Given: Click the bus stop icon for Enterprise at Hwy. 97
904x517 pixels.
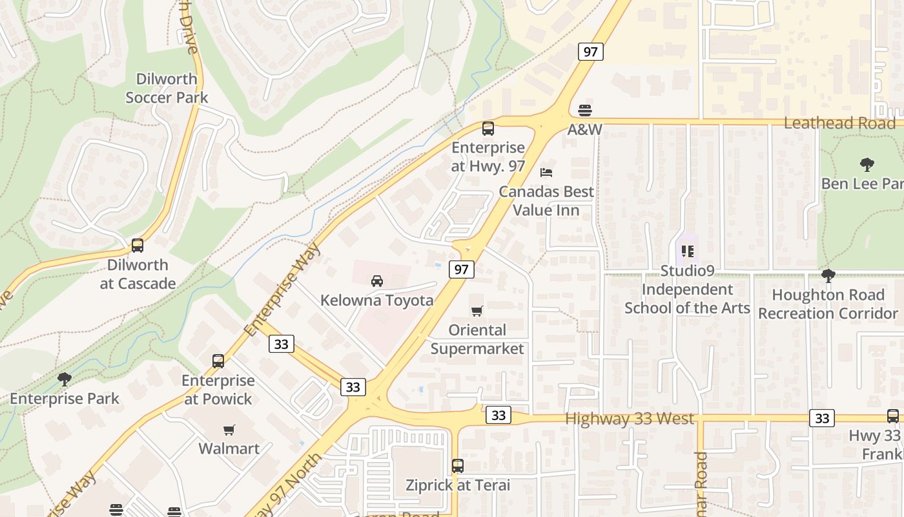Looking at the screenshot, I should [x=488, y=129].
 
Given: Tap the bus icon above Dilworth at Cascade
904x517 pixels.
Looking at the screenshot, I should [x=138, y=246].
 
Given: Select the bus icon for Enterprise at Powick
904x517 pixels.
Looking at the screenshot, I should [x=218, y=361].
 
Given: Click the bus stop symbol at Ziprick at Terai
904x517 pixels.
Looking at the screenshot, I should [x=458, y=465].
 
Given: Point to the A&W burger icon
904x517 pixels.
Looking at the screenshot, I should [x=585, y=111].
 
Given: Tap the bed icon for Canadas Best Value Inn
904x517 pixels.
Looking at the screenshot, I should [x=546, y=173].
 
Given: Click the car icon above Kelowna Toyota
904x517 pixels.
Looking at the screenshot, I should [x=377, y=281].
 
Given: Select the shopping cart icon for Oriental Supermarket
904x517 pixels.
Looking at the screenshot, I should [x=477, y=311].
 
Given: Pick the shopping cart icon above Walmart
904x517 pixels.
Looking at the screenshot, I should [x=229, y=430].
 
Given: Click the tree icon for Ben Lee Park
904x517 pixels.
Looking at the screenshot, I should [x=867, y=165].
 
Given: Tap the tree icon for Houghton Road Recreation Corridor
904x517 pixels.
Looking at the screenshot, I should [x=828, y=277].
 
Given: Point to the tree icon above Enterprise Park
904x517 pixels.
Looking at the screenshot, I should [x=64, y=379].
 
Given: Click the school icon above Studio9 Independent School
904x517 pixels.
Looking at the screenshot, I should [x=687, y=251].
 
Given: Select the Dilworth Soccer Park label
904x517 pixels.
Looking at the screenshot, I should [x=167, y=89].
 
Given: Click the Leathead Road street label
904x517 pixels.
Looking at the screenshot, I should [x=839, y=123].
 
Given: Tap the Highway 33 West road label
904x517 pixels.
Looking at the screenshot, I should [x=630, y=419].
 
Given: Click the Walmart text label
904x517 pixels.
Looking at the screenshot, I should [x=229, y=448].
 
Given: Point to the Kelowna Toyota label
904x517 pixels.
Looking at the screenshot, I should [x=377, y=301].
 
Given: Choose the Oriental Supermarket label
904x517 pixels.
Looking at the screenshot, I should [x=477, y=339].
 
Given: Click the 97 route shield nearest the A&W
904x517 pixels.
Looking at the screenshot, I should [x=591, y=52].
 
